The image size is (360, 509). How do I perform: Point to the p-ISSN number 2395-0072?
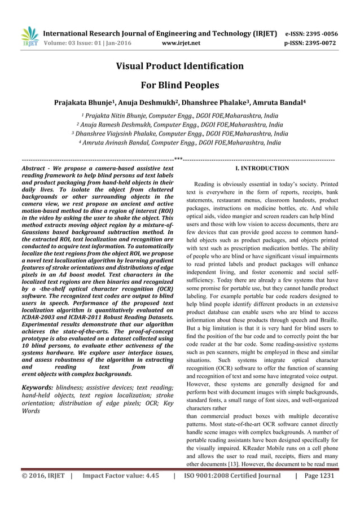coord(321,41)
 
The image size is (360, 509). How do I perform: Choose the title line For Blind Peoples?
coord(179,86)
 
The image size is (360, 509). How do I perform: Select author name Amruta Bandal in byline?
coord(278,104)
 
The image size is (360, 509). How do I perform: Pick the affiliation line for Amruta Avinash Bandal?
coord(181,143)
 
